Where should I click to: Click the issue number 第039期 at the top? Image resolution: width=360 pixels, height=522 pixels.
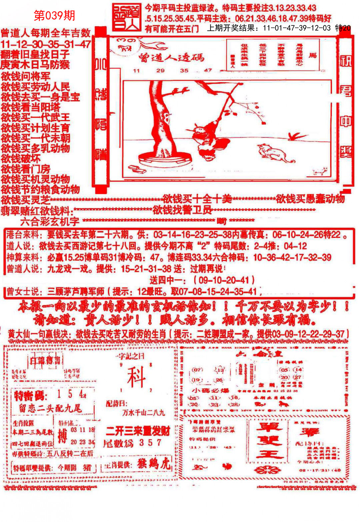(x=55, y=15)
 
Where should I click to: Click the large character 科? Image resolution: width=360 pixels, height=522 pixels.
(x=136, y=377)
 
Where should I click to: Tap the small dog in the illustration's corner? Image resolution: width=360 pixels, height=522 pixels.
(x=319, y=171)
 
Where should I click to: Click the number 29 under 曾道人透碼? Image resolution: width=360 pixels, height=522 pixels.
(x=160, y=70)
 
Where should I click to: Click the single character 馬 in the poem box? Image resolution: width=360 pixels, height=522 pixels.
(x=313, y=55)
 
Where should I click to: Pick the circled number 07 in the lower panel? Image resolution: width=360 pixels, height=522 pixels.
(x=197, y=370)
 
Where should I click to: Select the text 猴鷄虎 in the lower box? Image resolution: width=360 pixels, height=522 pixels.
(x=154, y=464)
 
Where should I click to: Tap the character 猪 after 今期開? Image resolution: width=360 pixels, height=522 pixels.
(x=87, y=467)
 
